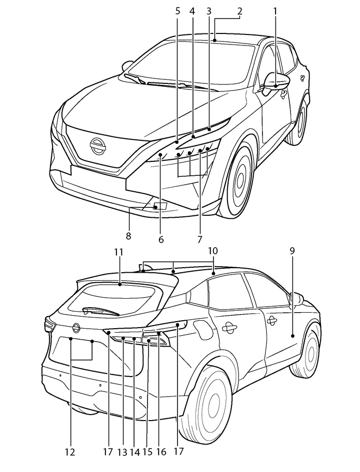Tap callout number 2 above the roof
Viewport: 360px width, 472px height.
tap(239, 10)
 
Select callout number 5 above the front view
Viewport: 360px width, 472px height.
tap(177, 10)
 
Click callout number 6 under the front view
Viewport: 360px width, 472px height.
tap(161, 239)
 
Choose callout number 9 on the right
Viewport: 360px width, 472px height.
tap(292, 250)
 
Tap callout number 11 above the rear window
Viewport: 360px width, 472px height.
tap(118, 252)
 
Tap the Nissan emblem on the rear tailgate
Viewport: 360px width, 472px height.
tap(76, 328)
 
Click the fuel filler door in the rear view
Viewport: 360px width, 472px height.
tap(202, 330)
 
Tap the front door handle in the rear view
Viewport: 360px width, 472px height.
tap(271, 319)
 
